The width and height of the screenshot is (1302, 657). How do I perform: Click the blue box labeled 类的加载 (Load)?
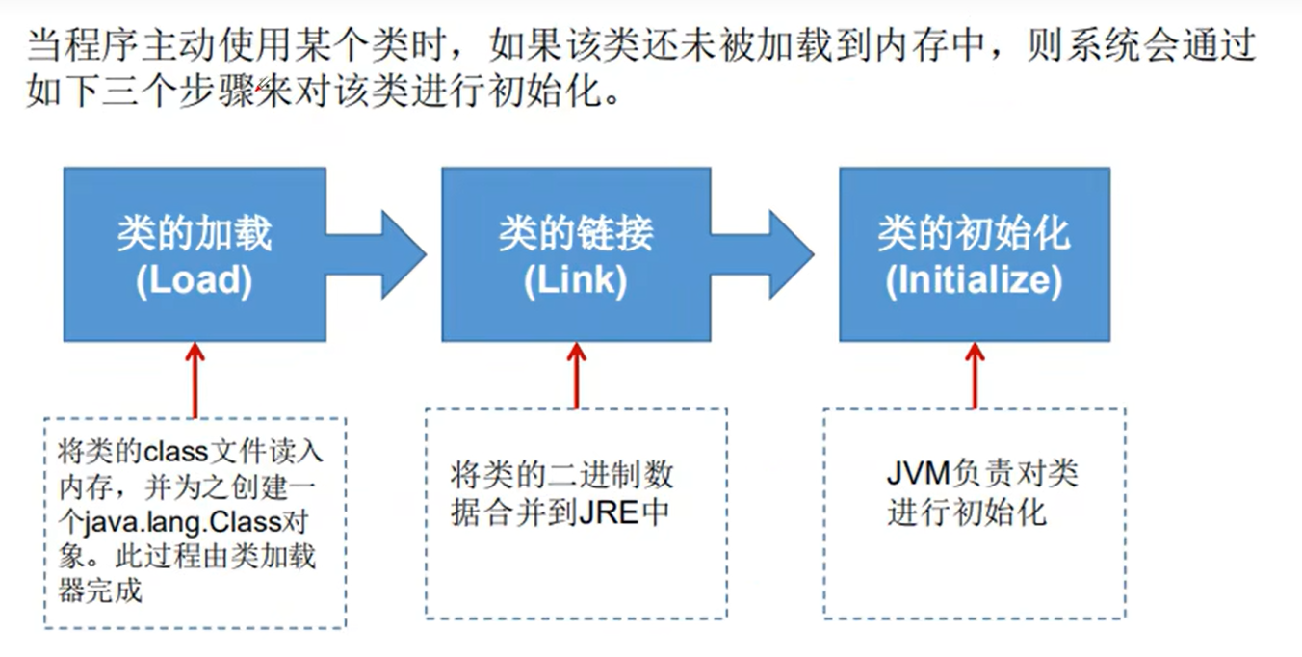point(195,254)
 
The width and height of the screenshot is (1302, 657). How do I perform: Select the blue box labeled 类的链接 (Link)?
point(576,254)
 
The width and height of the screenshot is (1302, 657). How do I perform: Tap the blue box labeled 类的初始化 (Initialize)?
point(974,254)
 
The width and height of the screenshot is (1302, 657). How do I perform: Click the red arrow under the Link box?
point(577,375)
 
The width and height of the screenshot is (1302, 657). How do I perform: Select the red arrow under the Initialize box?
point(975,375)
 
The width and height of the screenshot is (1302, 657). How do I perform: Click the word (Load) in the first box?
point(194,280)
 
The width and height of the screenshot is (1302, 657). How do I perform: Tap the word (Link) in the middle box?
point(576,280)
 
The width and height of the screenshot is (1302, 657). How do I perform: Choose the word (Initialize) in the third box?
point(974,280)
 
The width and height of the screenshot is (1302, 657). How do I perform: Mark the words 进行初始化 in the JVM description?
point(967,512)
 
